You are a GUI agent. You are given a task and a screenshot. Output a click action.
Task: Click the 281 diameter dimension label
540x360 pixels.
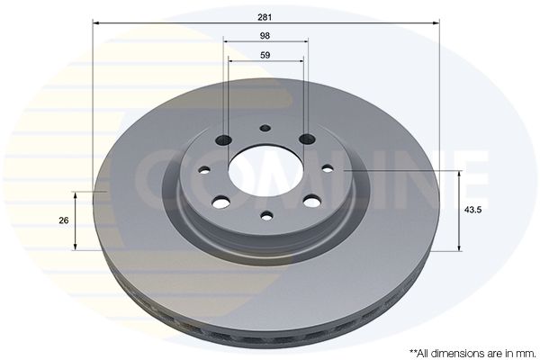click(x=265, y=17)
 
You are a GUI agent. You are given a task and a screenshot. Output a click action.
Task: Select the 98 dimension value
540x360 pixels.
click(x=265, y=36)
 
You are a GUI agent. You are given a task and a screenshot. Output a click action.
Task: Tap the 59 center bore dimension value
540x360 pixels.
click(x=265, y=55)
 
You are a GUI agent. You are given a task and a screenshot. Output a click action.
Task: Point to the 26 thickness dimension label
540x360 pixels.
click(x=64, y=220)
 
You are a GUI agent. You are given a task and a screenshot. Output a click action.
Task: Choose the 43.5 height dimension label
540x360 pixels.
click(x=472, y=210)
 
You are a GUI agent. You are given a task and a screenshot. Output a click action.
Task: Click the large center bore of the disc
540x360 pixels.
click(x=265, y=169)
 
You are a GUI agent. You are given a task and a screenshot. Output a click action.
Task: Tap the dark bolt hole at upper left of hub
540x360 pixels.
click(x=223, y=139)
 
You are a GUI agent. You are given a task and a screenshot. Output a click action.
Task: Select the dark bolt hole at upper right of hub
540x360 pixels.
click(x=308, y=139)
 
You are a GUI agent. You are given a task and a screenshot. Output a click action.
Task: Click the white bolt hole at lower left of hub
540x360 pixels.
click(x=221, y=202)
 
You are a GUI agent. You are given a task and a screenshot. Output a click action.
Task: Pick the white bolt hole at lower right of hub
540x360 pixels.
click(x=312, y=201)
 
